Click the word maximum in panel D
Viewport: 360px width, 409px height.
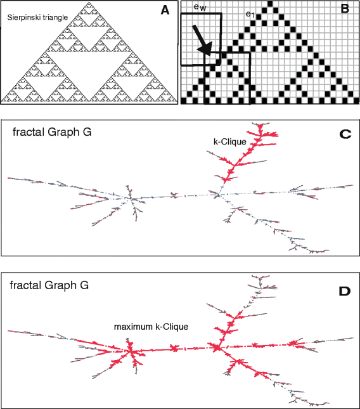coord(131,327)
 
